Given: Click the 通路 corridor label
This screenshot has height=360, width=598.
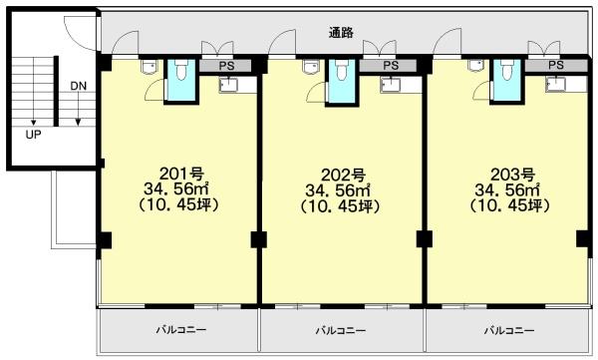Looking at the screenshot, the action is coord(341,33).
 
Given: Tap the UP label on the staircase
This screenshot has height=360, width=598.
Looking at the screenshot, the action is coord(33,135).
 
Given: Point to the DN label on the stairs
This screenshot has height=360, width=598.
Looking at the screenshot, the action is coord(79,86).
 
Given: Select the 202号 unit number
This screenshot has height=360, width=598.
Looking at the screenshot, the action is coord(343,176).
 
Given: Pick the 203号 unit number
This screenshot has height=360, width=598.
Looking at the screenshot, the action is coord(512,175).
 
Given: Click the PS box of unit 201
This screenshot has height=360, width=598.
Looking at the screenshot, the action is coord(225,66).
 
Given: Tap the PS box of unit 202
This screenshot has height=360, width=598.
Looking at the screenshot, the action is coord(389,66).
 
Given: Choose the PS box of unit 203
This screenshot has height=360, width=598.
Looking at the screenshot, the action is coord(556,65).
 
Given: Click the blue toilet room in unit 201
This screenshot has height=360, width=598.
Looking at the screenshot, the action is coord(181,81).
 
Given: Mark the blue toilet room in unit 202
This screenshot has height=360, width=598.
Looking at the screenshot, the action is coord(342,81).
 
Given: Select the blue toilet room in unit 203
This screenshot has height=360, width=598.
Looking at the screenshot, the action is coord(507,80).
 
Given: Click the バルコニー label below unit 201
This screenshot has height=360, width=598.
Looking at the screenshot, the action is coord(181,329).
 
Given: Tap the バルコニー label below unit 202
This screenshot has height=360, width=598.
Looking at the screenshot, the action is coord(341,330).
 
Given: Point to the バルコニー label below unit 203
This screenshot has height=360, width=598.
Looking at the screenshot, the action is coord(509,330).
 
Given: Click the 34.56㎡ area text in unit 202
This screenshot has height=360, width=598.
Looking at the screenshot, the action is coord(338,190).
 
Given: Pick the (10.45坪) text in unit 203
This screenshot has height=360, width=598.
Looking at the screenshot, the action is coord(509,206).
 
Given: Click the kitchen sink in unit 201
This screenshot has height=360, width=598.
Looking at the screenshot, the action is coord(228,85).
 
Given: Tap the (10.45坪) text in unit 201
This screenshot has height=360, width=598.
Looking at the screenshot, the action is coord(178,205).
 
